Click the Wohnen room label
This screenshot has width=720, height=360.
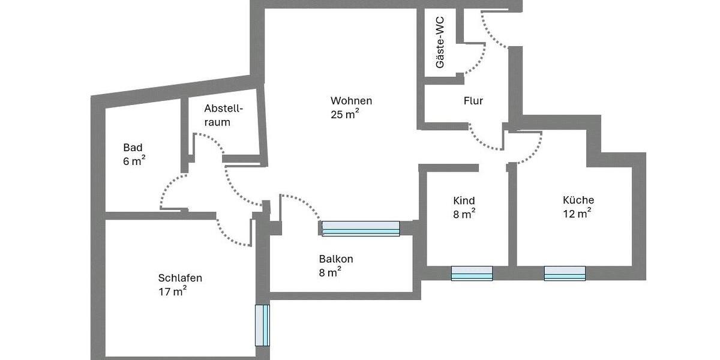pos(351,101)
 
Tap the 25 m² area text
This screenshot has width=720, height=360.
pos(344,115)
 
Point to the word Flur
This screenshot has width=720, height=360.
pos(473,101)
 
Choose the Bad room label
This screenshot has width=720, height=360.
pos(133,148)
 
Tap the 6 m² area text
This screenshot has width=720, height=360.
pos(134,161)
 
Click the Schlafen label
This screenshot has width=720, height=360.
pos(180,278)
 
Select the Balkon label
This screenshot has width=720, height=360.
pos(336,259)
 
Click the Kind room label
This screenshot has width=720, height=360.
pos(464,200)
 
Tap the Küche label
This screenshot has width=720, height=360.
pos(578,200)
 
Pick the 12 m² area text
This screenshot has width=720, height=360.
pos(577,214)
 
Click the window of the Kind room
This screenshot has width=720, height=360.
pos(472,274)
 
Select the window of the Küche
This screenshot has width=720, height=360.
pos(565,274)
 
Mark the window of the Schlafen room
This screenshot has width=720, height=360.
pos(262,325)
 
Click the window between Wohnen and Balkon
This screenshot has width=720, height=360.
pos(361,229)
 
